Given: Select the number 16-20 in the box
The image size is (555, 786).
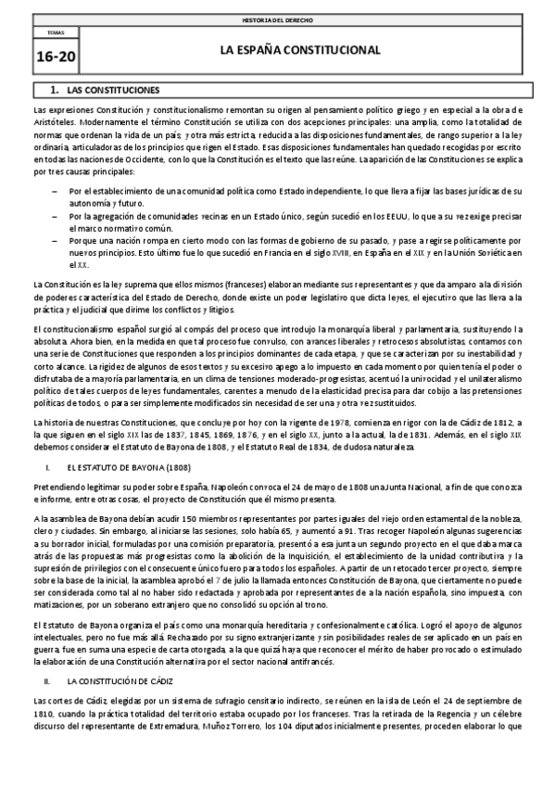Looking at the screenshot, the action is [x=56, y=56].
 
